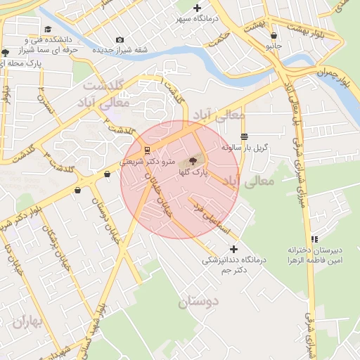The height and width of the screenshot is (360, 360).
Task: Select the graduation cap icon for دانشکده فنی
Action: coord(48,30)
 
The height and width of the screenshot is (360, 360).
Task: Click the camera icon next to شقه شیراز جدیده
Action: coord(120,39)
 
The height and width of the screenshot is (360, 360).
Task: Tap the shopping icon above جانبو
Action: coord(273,35)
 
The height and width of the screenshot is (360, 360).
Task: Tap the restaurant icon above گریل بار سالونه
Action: coord(244,136)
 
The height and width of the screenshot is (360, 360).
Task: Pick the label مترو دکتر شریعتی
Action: coord(146,161)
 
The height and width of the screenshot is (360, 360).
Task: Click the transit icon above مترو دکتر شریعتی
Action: coord(146,150)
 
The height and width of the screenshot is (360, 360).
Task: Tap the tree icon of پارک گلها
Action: coord(193,161)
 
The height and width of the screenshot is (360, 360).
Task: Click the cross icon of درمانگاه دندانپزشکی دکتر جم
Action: coord(234,249)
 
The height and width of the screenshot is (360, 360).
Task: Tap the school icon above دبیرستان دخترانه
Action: coord(314,239)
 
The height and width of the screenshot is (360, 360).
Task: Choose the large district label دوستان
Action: coord(199,302)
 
